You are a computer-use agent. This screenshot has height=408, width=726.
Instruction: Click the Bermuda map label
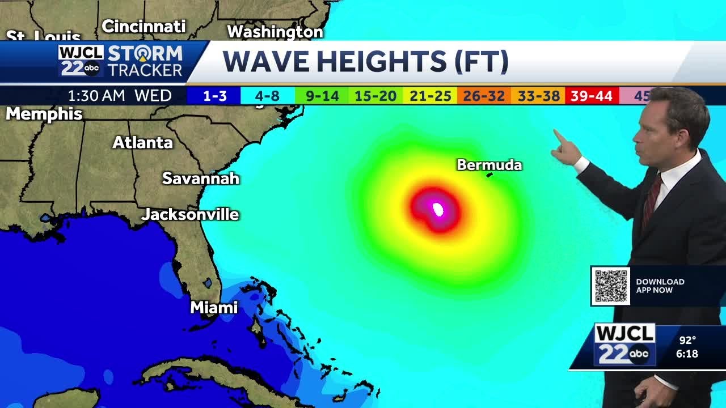click(x=489, y=165)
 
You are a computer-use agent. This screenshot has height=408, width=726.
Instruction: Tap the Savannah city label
click(x=201, y=178)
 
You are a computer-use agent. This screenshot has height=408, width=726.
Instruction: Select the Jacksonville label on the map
click(x=190, y=215)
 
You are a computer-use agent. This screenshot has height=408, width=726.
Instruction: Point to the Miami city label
click(x=214, y=308)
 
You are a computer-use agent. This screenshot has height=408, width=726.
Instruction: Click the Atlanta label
click(x=142, y=143)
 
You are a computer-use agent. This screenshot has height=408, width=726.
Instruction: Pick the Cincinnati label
click(x=143, y=26)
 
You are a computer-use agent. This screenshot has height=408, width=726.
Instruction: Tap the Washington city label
click(x=275, y=32)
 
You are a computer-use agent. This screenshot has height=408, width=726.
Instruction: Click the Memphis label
click(x=44, y=114)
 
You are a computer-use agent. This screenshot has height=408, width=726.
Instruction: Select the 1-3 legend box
click(x=214, y=96)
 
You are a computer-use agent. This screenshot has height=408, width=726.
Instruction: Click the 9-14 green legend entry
click(x=322, y=96)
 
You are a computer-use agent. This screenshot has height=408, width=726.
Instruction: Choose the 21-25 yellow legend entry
click(x=430, y=96)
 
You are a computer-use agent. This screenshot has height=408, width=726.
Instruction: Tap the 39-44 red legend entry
click(x=592, y=96)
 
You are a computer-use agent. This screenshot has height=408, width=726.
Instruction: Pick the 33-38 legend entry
click(x=538, y=96)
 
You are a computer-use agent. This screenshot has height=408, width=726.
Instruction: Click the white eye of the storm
click(x=438, y=210)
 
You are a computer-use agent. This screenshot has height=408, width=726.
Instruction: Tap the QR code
click(x=611, y=286)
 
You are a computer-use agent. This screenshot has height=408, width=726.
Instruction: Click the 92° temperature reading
click(x=687, y=341)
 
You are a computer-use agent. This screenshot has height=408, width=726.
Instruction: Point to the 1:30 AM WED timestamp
click(x=120, y=96)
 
